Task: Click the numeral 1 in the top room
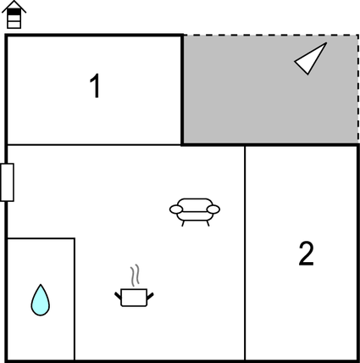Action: [96, 86]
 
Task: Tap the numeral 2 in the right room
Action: [306, 254]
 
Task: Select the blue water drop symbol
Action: [41, 300]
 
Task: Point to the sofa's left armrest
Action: [176, 209]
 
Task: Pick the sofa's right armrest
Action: [213, 209]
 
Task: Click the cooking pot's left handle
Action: [118, 296]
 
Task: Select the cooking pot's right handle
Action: [150, 296]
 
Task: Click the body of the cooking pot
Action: [134, 298]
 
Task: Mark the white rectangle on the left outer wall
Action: [7, 182]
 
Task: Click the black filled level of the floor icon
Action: [14, 12]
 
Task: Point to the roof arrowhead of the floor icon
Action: [14, 6]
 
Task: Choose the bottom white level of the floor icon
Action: [14, 25]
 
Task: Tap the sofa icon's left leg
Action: [183, 224]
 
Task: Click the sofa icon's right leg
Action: [208, 224]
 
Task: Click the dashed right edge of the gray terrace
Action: [358, 89]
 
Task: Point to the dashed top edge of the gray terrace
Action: [271, 36]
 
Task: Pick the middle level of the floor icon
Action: [14, 18]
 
